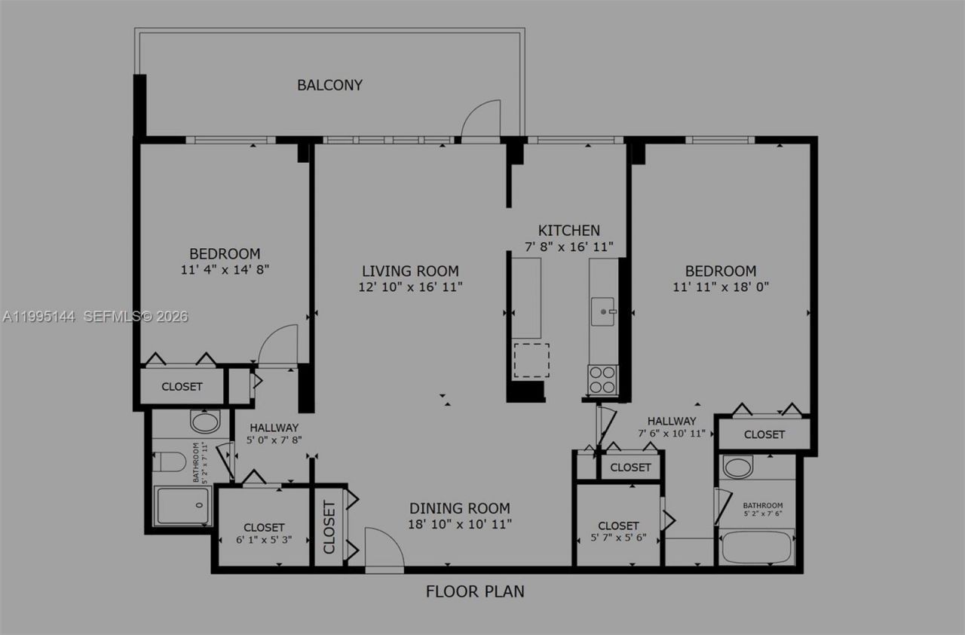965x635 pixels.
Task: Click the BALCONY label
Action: pyautogui.click(x=329, y=85)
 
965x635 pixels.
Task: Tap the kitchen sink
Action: pyautogui.click(x=603, y=311)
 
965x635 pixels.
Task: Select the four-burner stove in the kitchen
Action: pyautogui.click(x=603, y=380)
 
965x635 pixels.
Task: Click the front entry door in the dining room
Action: pyautogui.click(x=384, y=549)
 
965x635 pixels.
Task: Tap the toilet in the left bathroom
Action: pyautogui.click(x=169, y=461)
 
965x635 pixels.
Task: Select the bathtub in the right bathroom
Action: pyautogui.click(x=757, y=548)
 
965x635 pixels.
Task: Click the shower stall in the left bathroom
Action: pyautogui.click(x=182, y=505)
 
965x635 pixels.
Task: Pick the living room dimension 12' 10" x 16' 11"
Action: pyautogui.click(x=410, y=287)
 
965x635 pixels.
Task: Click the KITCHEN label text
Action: pyautogui.click(x=568, y=231)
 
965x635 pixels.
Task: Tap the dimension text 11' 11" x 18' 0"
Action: pyautogui.click(x=721, y=287)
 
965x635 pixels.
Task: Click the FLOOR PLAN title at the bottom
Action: pyautogui.click(x=475, y=591)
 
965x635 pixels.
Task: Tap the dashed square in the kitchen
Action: pyautogui.click(x=532, y=360)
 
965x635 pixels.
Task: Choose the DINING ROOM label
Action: pyautogui.click(x=459, y=508)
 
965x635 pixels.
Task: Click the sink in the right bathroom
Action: pyautogui.click(x=737, y=467)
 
